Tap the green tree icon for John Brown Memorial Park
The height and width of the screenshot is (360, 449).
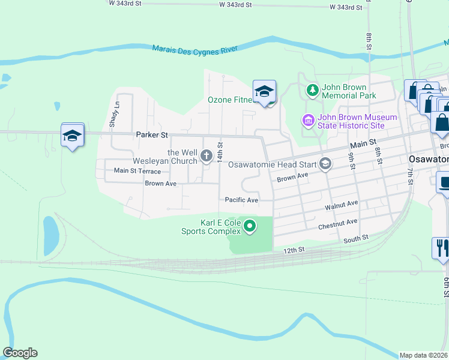tap(312, 91)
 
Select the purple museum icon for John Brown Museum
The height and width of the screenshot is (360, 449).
tap(309, 121)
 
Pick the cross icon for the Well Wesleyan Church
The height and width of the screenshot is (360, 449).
tap(206, 157)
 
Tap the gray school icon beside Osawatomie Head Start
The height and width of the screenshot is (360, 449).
tap(325, 164)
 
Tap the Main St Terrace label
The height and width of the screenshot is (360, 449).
tap(137, 171)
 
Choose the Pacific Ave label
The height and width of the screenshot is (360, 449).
tap(241, 200)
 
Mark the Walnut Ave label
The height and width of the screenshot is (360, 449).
tap(342, 204)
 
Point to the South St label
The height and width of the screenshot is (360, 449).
tap(355, 240)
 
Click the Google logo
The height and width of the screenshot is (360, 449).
tap(20, 353)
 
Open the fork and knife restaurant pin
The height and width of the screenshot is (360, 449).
tap(441, 248)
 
